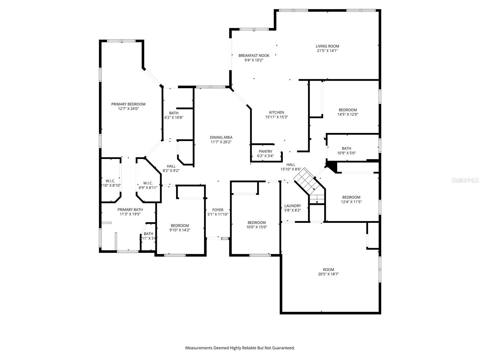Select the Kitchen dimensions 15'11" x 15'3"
pos(276,117)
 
